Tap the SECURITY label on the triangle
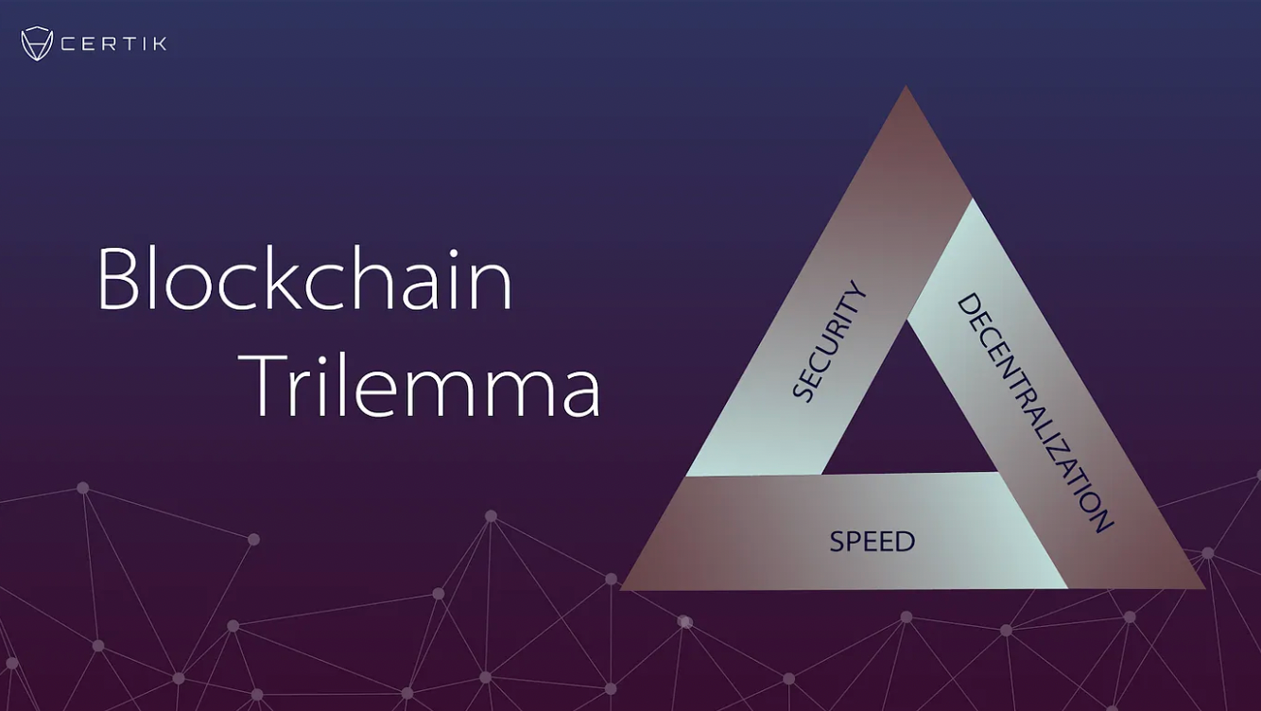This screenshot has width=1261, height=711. [829, 341]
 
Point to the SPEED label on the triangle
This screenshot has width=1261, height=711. [872, 542]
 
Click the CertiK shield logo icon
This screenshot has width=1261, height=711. [37, 43]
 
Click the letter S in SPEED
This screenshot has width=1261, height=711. [837, 543]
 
